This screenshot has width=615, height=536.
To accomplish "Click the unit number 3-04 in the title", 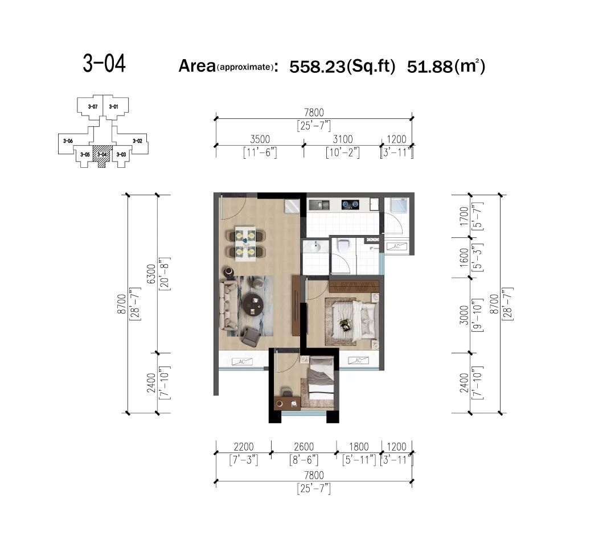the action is point(104,64).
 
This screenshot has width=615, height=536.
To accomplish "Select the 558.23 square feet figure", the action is point(317,66).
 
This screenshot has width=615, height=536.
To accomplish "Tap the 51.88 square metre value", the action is point(429,66).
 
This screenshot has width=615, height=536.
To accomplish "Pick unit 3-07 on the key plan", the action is point(93,106).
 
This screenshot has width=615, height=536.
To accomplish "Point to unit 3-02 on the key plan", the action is point(137,141).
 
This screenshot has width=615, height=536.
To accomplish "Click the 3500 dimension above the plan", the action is point(260,139).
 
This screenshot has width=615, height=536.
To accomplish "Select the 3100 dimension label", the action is point(343,139).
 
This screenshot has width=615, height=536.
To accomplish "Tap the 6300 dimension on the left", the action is point(151,274).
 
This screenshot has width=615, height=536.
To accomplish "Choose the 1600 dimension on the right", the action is point(464,257).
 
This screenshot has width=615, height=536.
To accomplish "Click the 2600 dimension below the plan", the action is point(304,447).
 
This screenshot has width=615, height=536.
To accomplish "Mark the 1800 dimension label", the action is point(359,447).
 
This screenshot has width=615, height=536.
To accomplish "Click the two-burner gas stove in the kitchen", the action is point(350,204).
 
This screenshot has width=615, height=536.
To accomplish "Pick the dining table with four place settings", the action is point(245,243).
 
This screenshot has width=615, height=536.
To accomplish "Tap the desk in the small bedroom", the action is point(288,402).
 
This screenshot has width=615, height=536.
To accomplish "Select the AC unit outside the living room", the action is point(242,361).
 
